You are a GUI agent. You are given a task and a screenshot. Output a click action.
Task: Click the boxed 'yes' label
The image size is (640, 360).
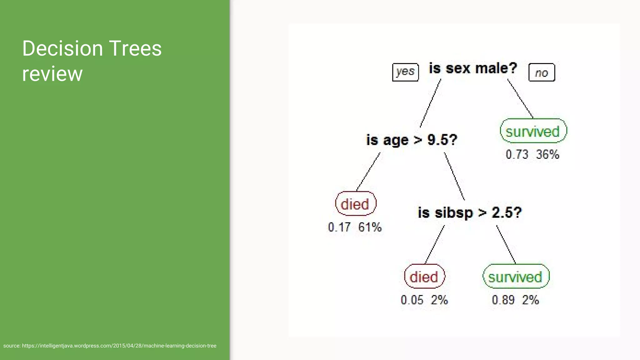405,72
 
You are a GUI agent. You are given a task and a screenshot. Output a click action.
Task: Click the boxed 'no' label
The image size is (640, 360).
542,72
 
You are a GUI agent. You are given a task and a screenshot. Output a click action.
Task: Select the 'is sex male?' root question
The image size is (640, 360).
473,68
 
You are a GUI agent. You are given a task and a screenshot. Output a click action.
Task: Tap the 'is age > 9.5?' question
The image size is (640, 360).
412,140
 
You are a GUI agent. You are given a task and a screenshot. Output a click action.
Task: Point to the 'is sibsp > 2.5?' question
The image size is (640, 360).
470,213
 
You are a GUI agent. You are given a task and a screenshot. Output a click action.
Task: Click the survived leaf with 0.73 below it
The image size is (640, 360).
533,131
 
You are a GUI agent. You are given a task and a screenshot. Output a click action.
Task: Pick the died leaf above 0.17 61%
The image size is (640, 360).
355,204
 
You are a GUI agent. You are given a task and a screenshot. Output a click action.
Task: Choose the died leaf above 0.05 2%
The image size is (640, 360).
424,277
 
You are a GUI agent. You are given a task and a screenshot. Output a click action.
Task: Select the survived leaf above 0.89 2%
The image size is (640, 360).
516,277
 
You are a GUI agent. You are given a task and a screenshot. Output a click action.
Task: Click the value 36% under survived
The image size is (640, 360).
547,154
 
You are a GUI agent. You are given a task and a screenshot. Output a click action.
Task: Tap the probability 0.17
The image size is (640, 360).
339,227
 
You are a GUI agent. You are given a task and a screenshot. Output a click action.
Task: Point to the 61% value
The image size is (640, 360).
370,227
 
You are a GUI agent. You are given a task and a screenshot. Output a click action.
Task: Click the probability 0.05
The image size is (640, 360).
412,300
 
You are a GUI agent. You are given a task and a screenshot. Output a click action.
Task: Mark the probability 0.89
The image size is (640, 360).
503,300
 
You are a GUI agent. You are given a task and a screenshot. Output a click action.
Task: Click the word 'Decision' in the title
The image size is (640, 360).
62,49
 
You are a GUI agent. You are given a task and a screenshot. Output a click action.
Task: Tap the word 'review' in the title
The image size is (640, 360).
52,74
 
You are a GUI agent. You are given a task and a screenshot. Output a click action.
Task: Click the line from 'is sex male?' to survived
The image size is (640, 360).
520,98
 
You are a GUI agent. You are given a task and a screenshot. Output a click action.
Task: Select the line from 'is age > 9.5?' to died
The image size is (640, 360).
368,172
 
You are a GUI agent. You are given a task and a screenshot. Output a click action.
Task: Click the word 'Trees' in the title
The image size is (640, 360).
135,49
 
